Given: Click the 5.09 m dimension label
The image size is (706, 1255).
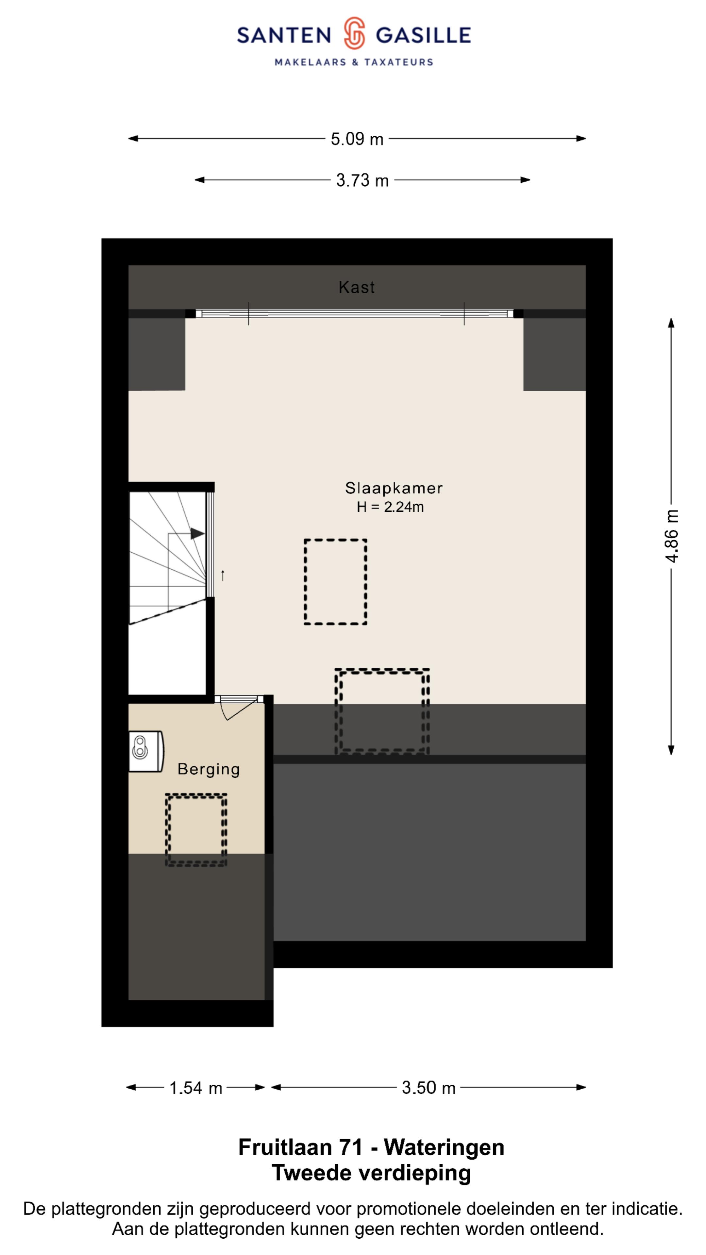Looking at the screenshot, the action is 357,139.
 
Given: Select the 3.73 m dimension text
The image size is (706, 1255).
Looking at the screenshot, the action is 362,181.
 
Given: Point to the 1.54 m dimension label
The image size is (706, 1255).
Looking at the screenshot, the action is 195,1088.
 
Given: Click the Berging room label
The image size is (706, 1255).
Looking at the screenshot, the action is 209,769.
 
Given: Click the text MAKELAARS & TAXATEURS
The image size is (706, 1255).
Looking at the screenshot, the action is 354,62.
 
